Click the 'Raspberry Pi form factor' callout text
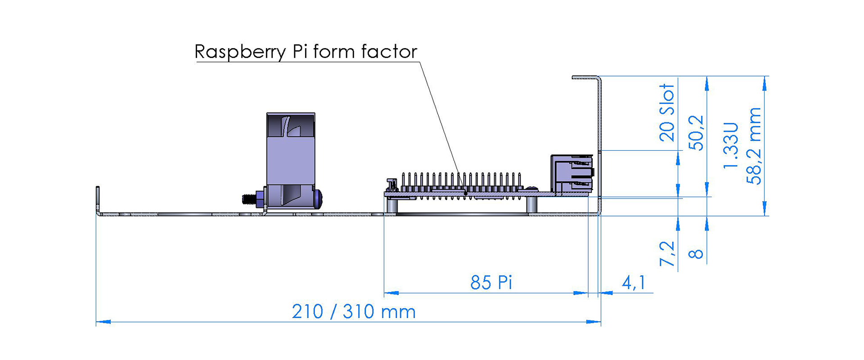306,52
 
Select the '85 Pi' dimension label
491,283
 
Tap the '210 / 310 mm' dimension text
354,311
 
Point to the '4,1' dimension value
634,283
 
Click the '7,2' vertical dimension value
667,254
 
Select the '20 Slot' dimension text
667,112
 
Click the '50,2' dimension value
696,133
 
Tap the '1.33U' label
731,145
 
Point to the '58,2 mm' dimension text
754,146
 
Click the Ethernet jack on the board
572,174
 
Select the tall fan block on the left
291,161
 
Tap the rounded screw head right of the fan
318,199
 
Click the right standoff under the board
531,205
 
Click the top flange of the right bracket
585,77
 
